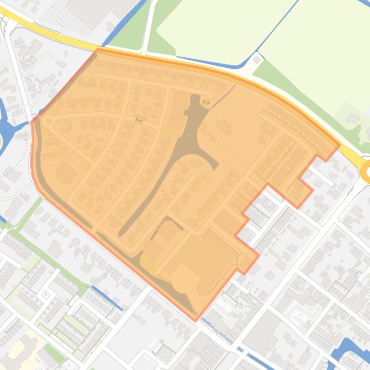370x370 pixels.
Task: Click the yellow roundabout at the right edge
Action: coord(367,171)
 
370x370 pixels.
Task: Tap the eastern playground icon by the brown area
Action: coord(206,102)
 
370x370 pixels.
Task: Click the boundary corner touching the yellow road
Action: coord(98,49)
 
